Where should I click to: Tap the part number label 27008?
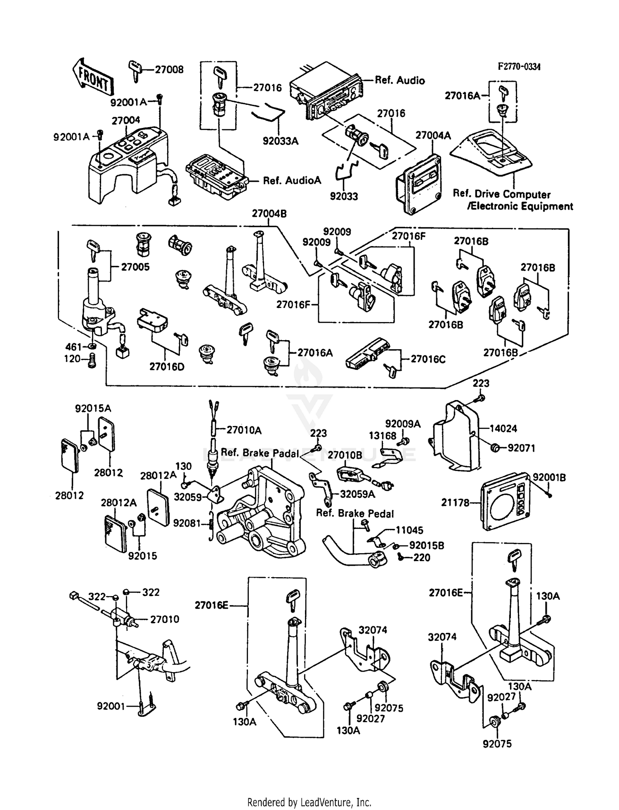pos(169,70)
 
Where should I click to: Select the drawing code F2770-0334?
pos(519,67)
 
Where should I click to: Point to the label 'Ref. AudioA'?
pos(292,180)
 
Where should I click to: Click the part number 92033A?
pos(280,141)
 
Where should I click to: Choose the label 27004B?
pos(269,214)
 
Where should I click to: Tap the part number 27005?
pos(135,267)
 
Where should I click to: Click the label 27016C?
pos(428,359)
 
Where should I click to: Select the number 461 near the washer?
pos(73,347)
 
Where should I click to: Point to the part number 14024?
pos(503,429)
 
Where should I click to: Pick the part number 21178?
pos(455,502)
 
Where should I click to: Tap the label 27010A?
pos(244,430)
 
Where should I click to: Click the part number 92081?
pos(187,523)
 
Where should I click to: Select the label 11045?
pos(409,530)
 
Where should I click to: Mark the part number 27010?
pos(164,619)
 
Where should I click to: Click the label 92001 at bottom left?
pos(111,706)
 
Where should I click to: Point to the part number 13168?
pos(382,436)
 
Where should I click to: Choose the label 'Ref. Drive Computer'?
pos(501,194)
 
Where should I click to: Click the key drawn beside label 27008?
pos(135,70)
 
